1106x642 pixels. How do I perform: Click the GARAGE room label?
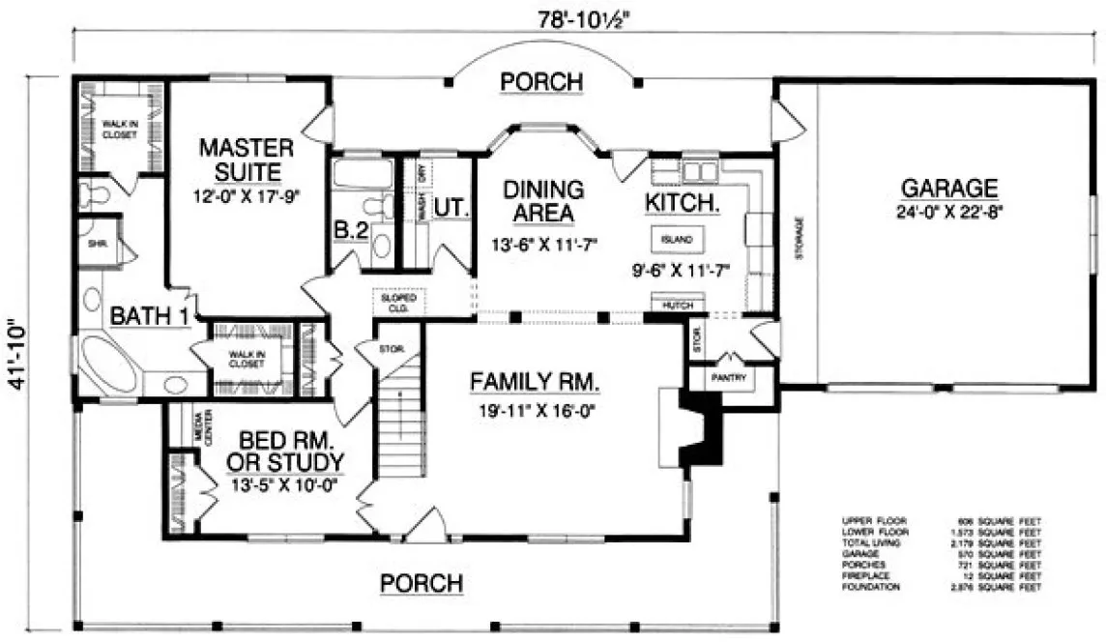948,188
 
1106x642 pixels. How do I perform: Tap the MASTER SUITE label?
246,160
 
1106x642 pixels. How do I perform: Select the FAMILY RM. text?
535,382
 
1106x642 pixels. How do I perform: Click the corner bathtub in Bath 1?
107,363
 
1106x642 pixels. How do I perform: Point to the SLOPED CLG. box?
398,303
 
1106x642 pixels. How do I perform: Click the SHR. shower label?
97,245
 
